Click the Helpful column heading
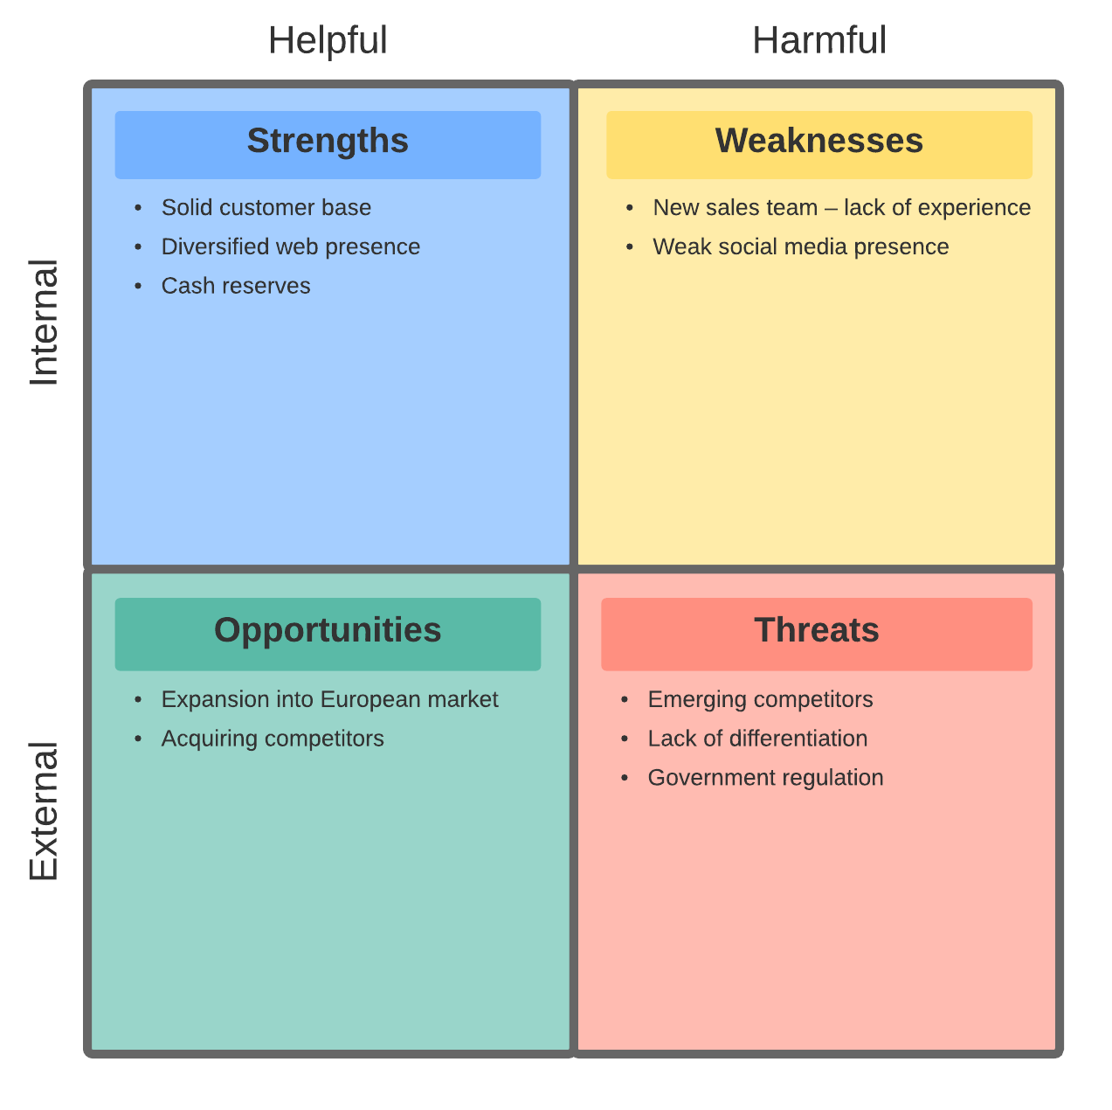point(328,40)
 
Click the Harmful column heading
point(819,40)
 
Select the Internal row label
point(44,323)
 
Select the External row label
point(44,811)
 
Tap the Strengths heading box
point(328,144)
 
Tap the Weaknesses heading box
point(819,144)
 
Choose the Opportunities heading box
point(328,634)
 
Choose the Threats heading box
point(817,634)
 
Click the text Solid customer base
point(266,207)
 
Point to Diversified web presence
point(291,246)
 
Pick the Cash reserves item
point(236,286)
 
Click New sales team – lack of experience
point(842,207)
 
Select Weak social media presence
point(801,246)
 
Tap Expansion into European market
point(330,699)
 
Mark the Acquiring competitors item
point(273,739)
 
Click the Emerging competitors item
point(761,699)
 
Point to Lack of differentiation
point(758,739)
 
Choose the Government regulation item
point(766,778)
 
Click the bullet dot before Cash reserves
point(138,286)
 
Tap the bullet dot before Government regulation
point(625,778)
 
